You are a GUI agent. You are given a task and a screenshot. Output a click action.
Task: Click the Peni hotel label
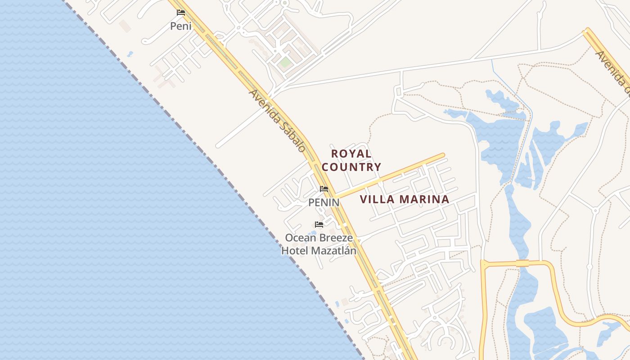(x=180, y=26)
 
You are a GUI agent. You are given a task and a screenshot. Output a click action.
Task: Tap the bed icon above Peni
(x=181, y=13)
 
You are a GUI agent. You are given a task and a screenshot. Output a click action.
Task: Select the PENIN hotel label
(x=324, y=202)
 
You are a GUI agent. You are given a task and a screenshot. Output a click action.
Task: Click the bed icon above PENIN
(x=324, y=189)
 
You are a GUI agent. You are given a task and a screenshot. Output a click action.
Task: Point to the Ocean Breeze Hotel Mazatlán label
(x=319, y=244)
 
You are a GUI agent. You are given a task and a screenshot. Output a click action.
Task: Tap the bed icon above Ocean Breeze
(x=319, y=225)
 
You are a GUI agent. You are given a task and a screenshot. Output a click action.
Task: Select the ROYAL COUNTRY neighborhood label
(x=351, y=160)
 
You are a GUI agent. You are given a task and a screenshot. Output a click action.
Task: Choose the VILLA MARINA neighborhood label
(x=405, y=199)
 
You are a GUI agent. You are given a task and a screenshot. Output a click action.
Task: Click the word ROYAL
(x=351, y=154)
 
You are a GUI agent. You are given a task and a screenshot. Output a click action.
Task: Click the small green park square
(x=284, y=62)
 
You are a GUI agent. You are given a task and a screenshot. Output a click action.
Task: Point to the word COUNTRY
(x=351, y=167)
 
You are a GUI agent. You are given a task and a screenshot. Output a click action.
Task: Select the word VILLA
(x=375, y=199)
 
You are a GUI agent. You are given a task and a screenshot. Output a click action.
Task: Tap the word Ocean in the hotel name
(x=301, y=238)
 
